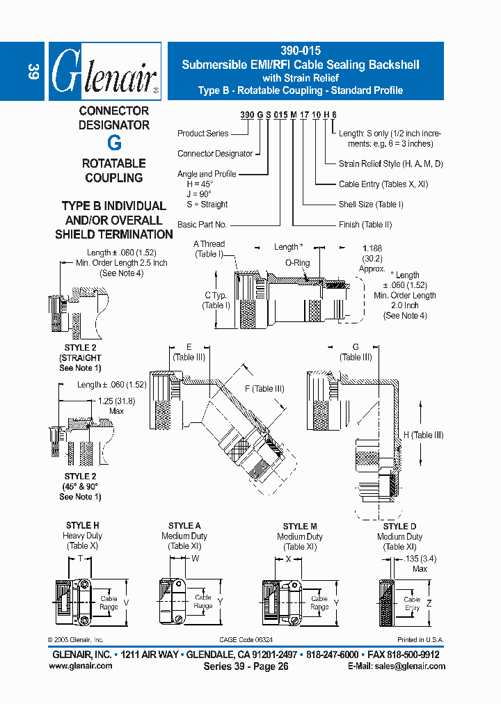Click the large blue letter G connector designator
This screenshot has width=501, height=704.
114,143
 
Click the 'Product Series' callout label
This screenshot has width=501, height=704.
202,134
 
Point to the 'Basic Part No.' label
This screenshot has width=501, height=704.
202,225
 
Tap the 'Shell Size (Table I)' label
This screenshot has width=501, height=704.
371,205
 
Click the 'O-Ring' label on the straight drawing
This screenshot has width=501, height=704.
297,264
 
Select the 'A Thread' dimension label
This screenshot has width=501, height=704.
209,244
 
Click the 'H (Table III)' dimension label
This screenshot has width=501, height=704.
423,435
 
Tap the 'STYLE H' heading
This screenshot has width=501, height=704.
82,526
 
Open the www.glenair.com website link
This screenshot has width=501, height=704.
81,666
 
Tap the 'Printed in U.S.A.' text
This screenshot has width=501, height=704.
420,640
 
